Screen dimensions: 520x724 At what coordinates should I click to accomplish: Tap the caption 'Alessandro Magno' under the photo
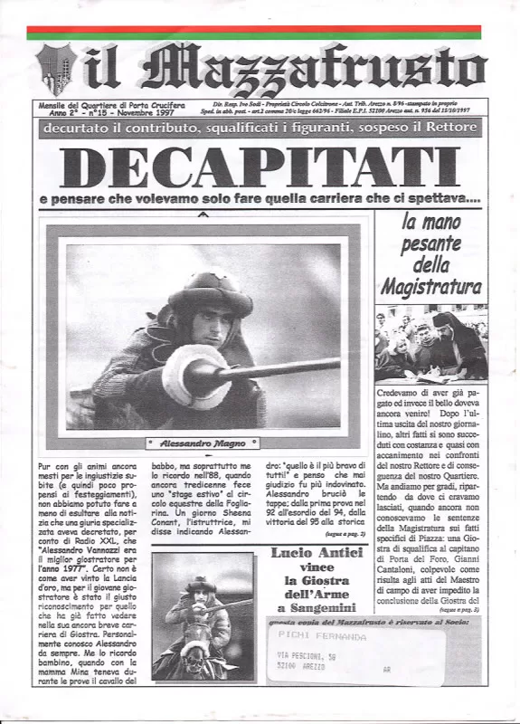click(202, 443)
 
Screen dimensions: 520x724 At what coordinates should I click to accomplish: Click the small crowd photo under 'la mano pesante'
click(430, 342)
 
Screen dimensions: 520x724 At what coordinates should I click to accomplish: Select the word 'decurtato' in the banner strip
click(83, 129)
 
